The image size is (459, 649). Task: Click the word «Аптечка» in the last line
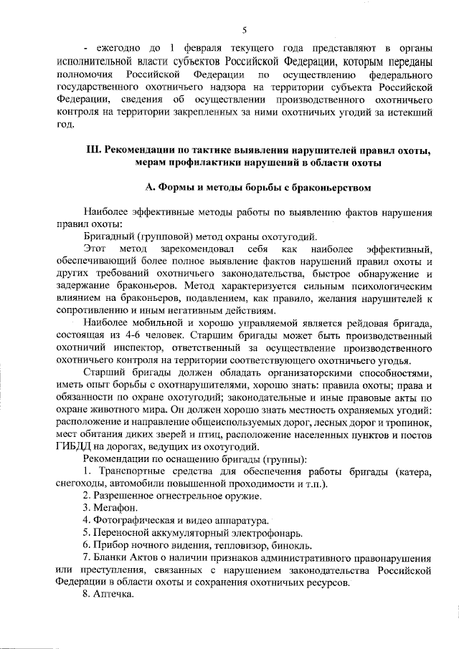(113, 595)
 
